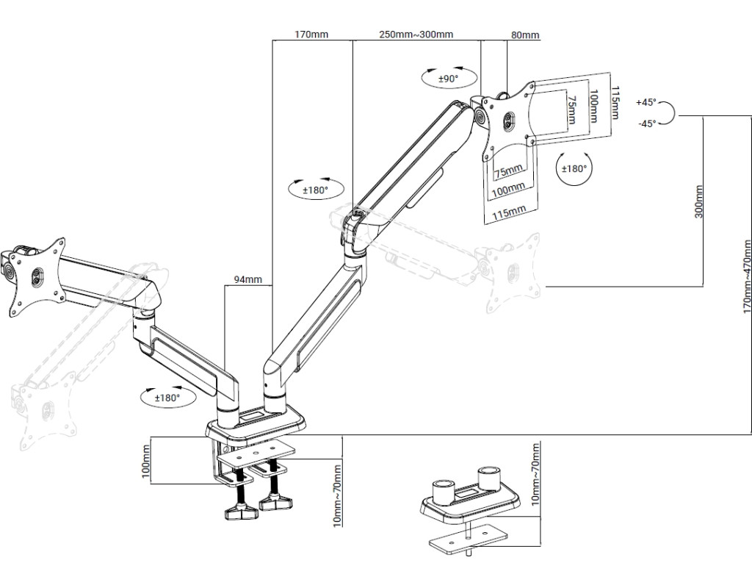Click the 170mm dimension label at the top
point(311,34)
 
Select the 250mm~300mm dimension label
point(416,34)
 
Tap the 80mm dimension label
point(524,35)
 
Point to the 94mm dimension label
point(247,279)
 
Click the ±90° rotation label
point(448,78)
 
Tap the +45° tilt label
point(646,102)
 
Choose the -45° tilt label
point(646,124)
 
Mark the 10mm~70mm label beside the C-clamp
point(337,495)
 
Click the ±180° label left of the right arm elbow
point(315,190)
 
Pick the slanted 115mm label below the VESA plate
point(509,212)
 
